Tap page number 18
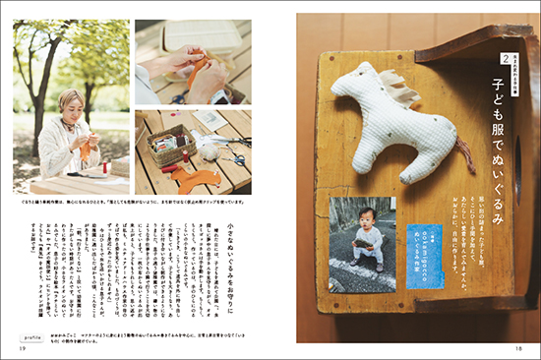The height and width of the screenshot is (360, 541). [x=520, y=345]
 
